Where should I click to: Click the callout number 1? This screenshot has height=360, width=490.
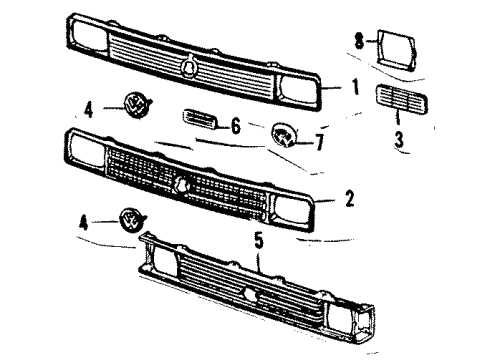pos(356,86)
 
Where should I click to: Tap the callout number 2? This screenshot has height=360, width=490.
pos(349,198)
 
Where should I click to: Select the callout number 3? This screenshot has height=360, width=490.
pos(399,139)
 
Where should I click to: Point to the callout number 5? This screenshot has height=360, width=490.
pos(259,241)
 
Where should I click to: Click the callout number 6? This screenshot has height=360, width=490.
pos(236,126)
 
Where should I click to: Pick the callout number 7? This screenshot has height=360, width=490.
pos(319,142)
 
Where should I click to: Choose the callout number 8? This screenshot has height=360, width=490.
pos(359,41)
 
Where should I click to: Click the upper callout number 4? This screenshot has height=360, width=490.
pos(88,110)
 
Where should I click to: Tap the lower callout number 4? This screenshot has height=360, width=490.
pos(84,222)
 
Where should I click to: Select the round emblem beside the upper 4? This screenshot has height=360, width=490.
pos(136,104)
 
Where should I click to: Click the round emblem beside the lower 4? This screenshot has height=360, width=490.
pos(132,219)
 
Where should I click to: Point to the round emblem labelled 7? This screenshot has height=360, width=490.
pos(284,135)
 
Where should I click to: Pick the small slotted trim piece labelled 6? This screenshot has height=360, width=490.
pos(200,119)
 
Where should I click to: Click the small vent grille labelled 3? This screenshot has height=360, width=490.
pos(402,99)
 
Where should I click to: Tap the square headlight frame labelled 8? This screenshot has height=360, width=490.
pos(397,50)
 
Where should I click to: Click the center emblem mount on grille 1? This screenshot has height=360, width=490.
pos(189,65)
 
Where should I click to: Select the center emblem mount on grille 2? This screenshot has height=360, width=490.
pos(182,185)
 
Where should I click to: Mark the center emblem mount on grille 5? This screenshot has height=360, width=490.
pos(251,295)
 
